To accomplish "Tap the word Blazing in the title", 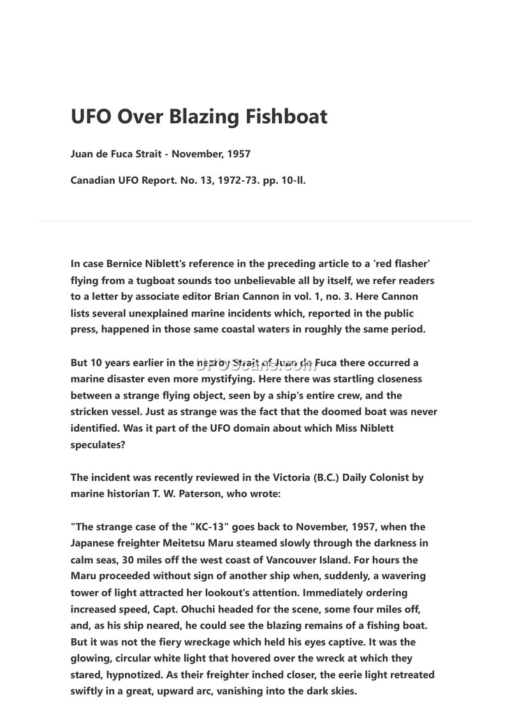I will point(201,117).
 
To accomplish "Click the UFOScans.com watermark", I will point(255,364).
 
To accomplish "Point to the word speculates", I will point(98,445).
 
